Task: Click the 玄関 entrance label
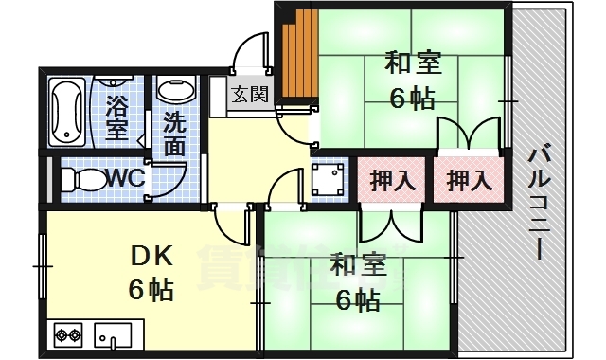click(x=251, y=94)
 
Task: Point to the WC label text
click(x=123, y=178)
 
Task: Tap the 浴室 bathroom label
click(x=117, y=113)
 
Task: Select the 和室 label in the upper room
click(x=412, y=64)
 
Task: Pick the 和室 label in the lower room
click(x=358, y=267)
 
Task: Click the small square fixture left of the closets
click(x=329, y=180)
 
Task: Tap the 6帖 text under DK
click(x=151, y=289)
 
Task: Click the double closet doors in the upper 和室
click(x=468, y=133)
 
